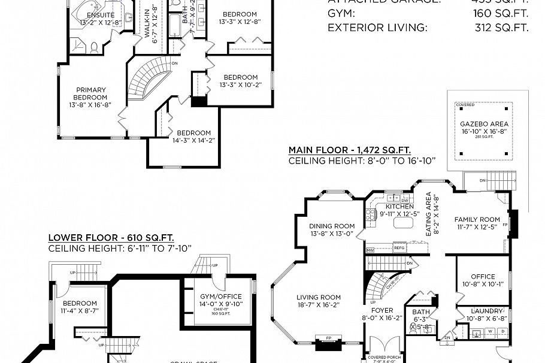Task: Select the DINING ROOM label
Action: pyautogui.click(x=332, y=226)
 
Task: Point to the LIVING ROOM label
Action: pyautogui.click(x=319, y=297)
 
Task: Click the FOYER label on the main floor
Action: pyautogui.click(x=383, y=310)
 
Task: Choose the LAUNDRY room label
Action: pyautogui.click(x=486, y=311)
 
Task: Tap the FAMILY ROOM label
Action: pyautogui.click(x=477, y=220)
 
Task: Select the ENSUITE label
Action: pyautogui.click(x=101, y=15)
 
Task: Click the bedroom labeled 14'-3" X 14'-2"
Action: pyautogui.click(x=193, y=133)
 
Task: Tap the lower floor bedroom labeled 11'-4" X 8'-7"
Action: pyautogui.click(x=80, y=304)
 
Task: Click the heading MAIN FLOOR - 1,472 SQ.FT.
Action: pyautogui.click(x=350, y=150)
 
